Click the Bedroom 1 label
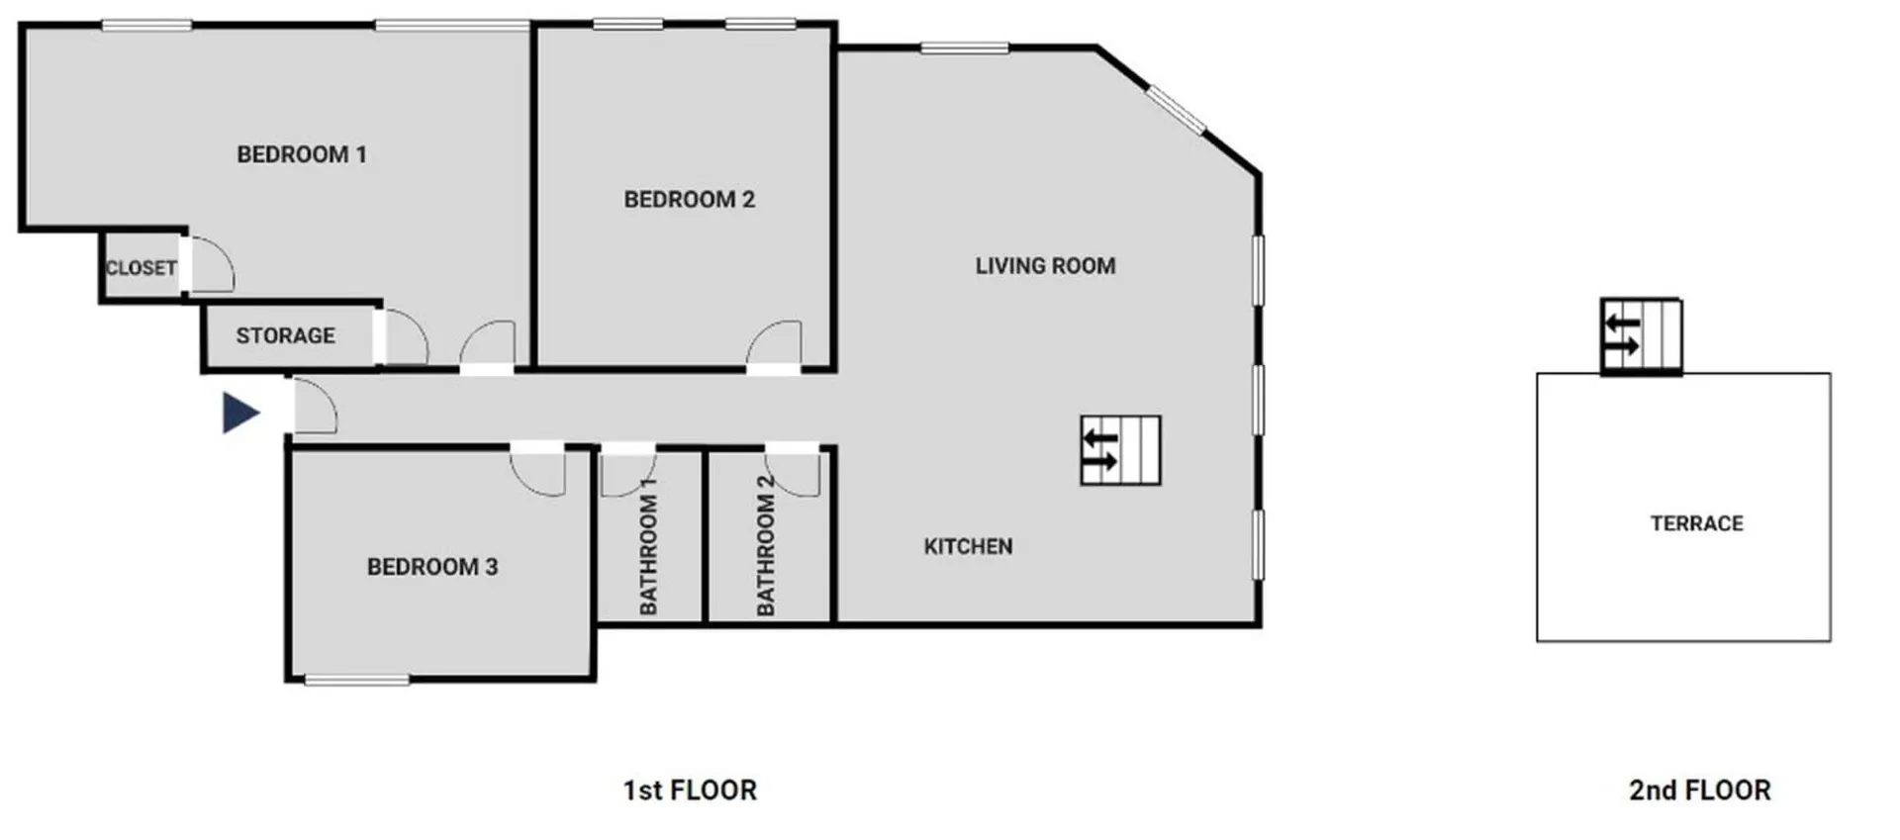click(x=302, y=154)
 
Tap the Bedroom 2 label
click(x=690, y=200)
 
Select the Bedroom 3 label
click(x=432, y=567)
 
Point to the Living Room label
click(x=1046, y=266)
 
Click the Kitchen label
click(x=969, y=547)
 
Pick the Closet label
click(x=142, y=268)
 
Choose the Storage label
click(x=286, y=336)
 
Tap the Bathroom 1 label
click(x=648, y=545)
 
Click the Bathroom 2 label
click(x=765, y=545)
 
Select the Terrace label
click(x=1697, y=523)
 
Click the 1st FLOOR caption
click(x=690, y=791)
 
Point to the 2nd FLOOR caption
click(x=1700, y=791)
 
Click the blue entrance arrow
click(x=240, y=413)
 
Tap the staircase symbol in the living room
click(x=1120, y=450)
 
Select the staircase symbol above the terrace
click(x=1641, y=336)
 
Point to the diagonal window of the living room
click(x=1177, y=110)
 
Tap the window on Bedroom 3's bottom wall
click(x=357, y=681)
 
